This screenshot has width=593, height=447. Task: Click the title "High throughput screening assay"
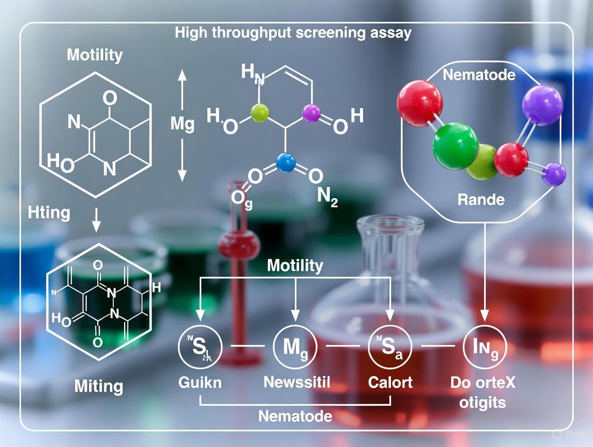click(293, 33)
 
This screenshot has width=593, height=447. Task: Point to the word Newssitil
click(296, 383)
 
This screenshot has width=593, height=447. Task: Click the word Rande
click(481, 200)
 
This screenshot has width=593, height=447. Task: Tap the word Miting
click(98, 386)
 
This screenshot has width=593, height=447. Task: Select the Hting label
click(48, 213)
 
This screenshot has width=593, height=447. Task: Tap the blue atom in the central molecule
click(286, 162)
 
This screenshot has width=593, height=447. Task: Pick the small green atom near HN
click(259, 112)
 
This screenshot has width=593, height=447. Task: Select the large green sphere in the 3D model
click(456, 145)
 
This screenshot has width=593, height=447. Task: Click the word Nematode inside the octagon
click(479, 75)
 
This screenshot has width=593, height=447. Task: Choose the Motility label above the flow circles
click(295, 265)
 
